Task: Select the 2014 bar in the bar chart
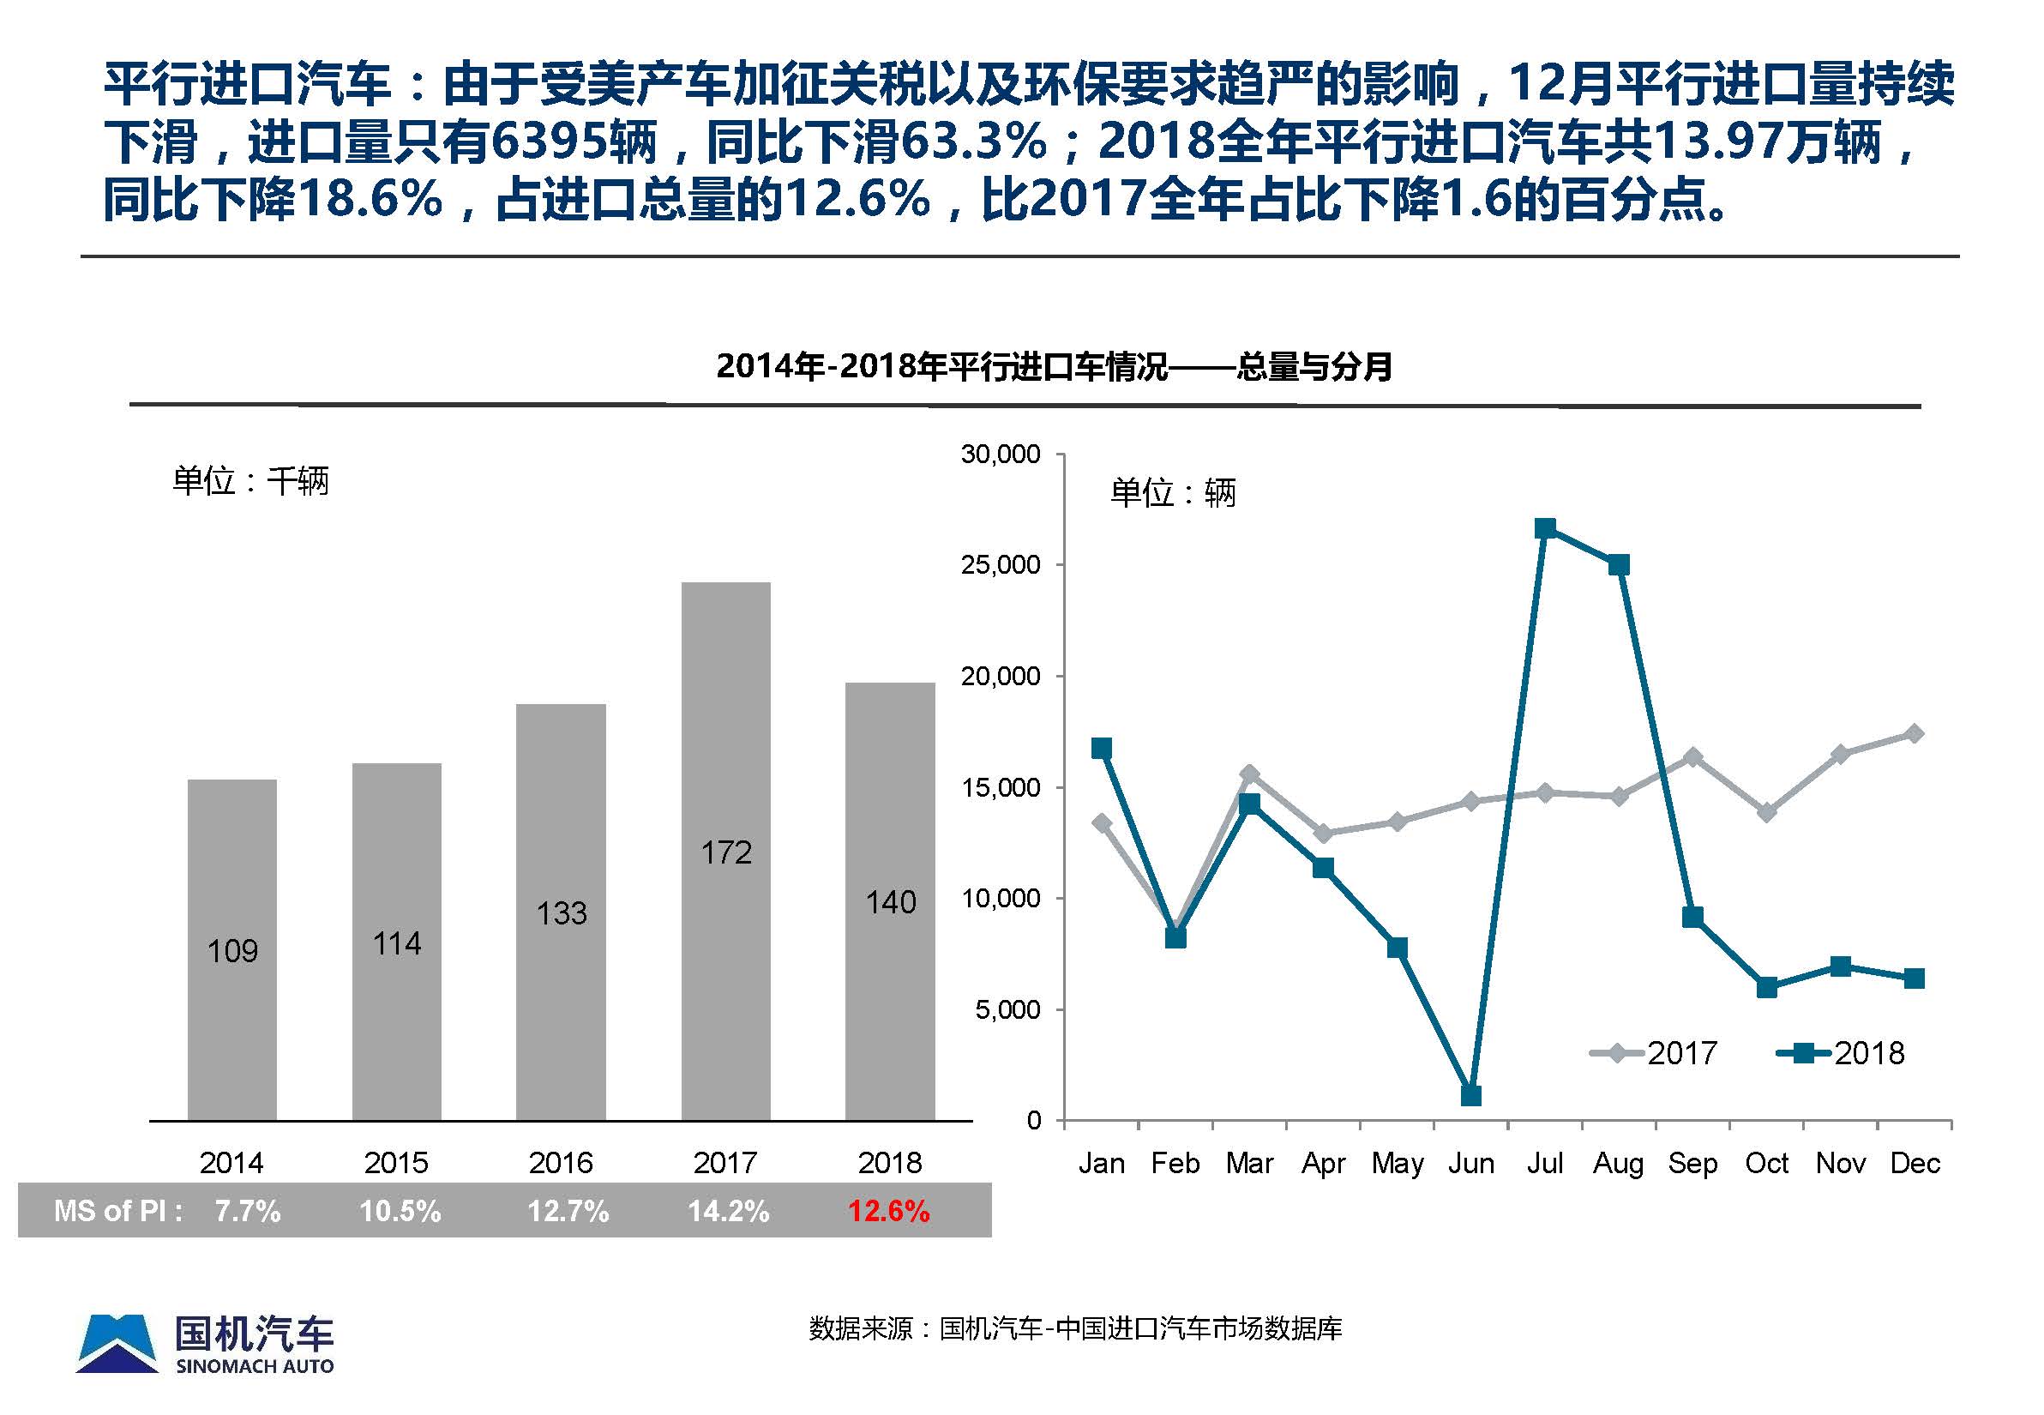tap(232, 948)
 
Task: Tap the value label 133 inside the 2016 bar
tap(561, 913)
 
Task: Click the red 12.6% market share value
tap(888, 1211)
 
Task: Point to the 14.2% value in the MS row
tap(729, 1211)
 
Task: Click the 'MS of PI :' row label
tap(117, 1211)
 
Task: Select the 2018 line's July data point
tap(1545, 529)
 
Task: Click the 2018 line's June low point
tap(1470, 1096)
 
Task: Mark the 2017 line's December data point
tap(1915, 733)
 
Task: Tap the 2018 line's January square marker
tap(1102, 749)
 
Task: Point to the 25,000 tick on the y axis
tap(1001, 565)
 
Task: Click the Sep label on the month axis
tap(1692, 1163)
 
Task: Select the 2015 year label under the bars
tap(396, 1163)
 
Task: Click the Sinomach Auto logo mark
tap(117, 1343)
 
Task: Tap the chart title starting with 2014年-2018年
tap(1053, 366)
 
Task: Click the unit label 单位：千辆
tap(251, 481)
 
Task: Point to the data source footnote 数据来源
tap(1075, 1328)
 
